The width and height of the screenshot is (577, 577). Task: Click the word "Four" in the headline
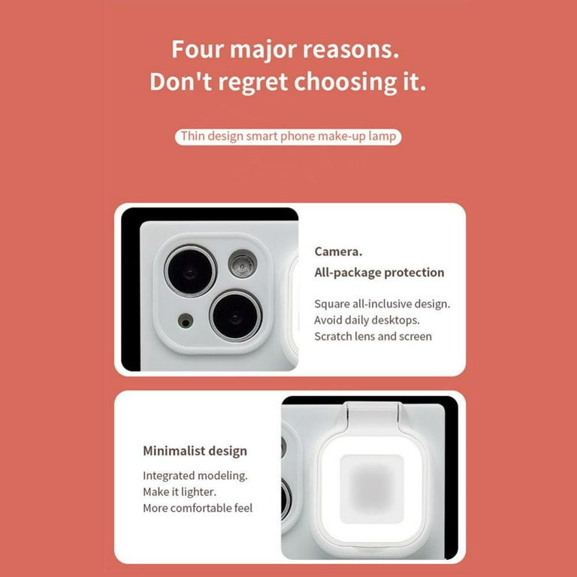point(198,49)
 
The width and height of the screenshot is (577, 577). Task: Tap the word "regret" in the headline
point(252,82)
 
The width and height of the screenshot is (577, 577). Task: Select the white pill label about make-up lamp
point(288,137)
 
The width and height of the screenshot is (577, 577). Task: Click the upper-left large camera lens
point(190,271)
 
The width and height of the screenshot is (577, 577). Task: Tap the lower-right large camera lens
point(236,316)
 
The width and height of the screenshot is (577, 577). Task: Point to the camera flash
point(242,264)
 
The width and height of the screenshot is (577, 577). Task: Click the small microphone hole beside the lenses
point(186,321)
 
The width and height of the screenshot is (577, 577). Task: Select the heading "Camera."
point(338,252)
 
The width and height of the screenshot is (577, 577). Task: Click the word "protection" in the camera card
point(414,273)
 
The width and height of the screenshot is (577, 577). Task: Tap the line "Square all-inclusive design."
point(382,304)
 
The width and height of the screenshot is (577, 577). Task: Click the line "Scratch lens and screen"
point(373,337)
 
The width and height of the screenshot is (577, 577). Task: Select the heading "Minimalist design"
point(195,451)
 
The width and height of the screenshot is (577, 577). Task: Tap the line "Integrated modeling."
point(195,476)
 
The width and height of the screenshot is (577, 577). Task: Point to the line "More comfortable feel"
point(198,508)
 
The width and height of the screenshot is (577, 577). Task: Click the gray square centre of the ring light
point(372,489)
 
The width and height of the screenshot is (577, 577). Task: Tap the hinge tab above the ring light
point(372,415)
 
